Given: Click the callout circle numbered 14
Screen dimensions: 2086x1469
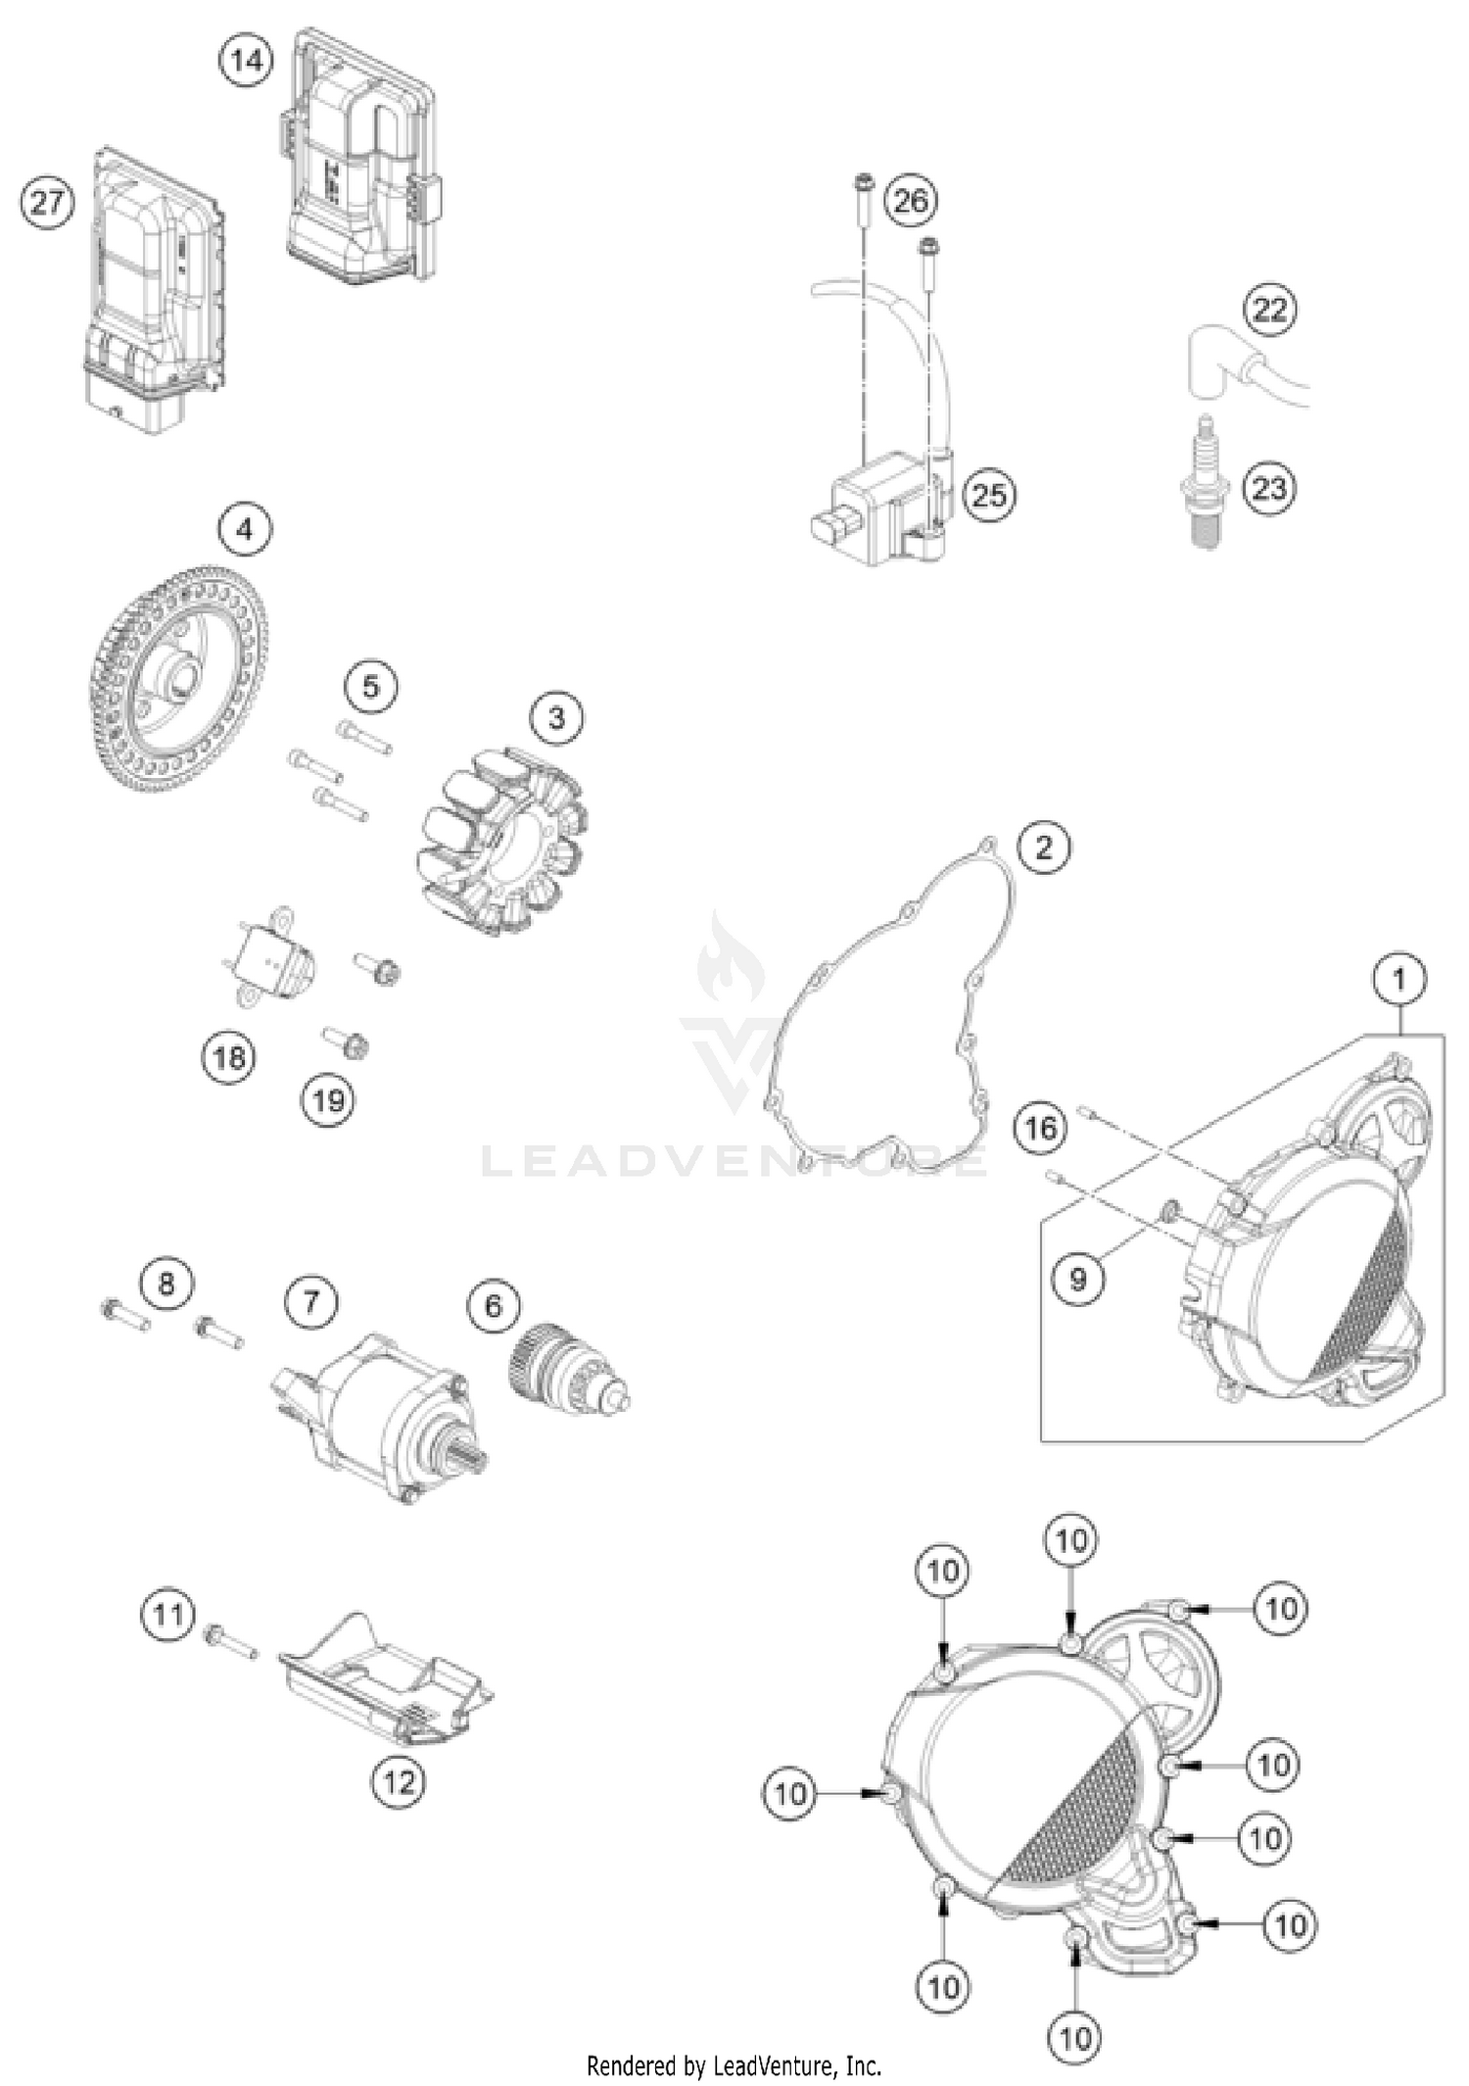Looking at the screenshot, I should point(245,60).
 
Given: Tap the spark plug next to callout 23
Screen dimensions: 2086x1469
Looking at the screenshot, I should point(1206,483).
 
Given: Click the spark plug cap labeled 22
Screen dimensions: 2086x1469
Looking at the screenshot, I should point(1214,363).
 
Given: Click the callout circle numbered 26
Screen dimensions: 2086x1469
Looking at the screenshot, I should point(910,201).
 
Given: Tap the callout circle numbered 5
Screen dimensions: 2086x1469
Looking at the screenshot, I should point(370,685).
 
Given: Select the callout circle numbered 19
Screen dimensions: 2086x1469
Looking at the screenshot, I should point(328,1100).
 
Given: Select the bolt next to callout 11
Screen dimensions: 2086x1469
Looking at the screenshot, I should point(231,1640).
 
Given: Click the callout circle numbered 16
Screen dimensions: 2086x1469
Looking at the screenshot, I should point(1040,1128).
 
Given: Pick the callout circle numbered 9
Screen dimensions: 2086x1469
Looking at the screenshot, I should point(1077,1279).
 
